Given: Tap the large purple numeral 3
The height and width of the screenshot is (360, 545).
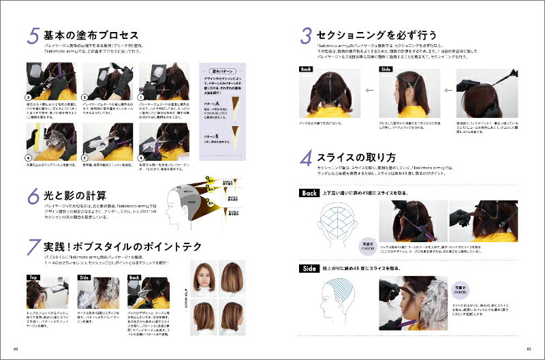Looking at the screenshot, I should [x=307, y=35].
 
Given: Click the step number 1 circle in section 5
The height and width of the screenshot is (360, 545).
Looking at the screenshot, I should [x=142, y=97].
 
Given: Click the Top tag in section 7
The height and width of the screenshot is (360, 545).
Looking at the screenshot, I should [x=33, y=277].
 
